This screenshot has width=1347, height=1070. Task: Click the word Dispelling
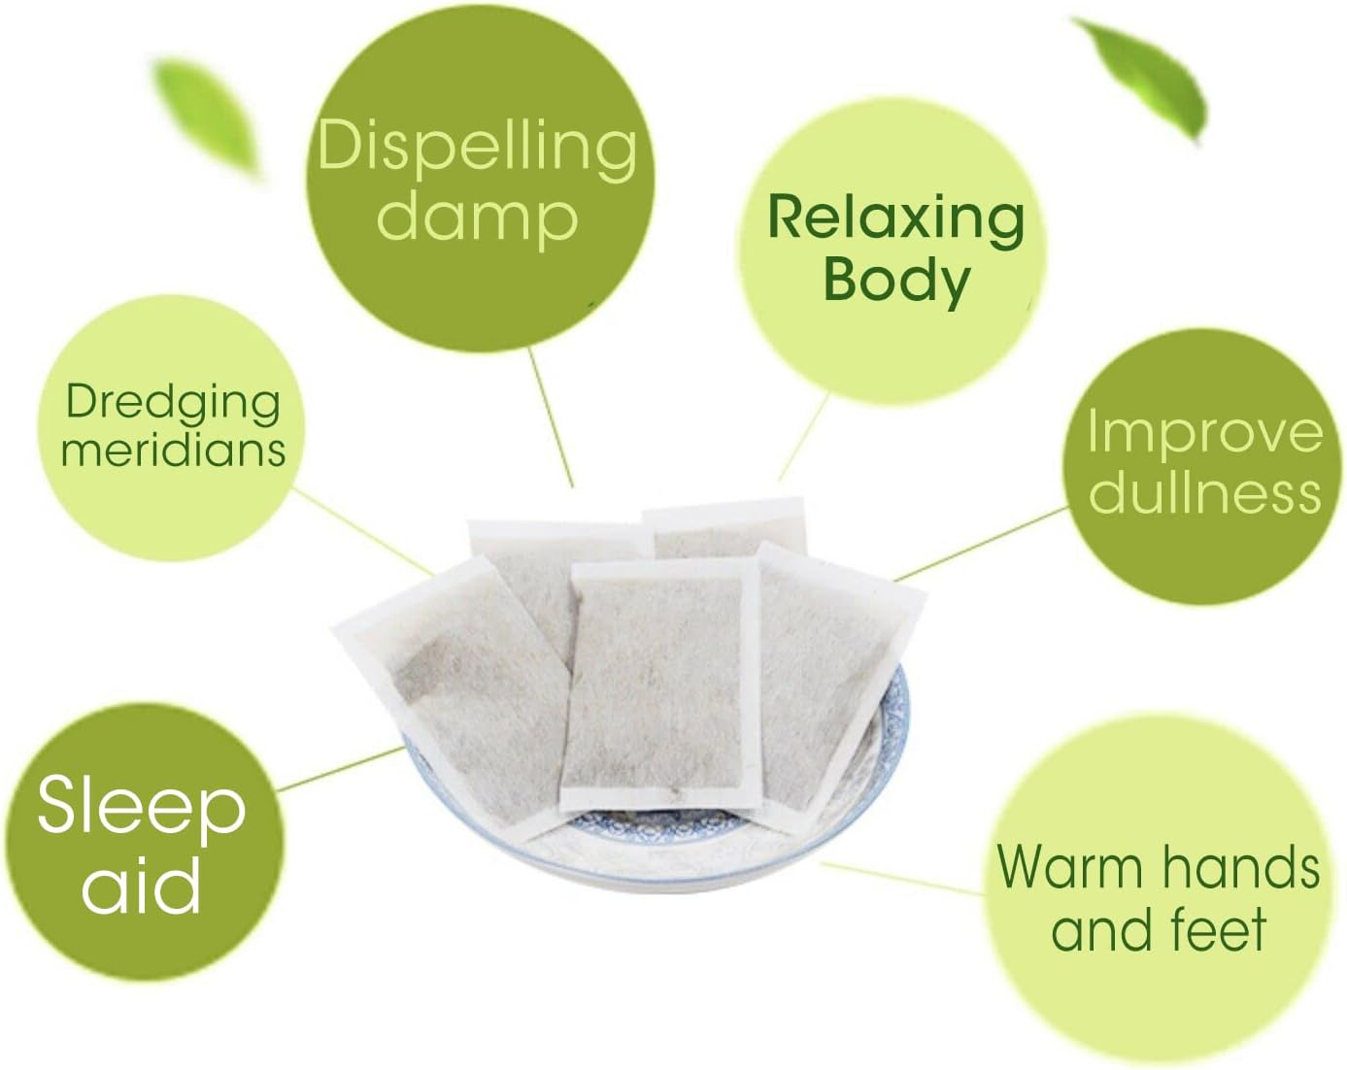pyautogui.click(x=477, y=148)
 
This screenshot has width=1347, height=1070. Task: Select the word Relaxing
pyautogui.click(x=895, y=219)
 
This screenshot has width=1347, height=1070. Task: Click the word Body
pyautogui.click(x=897, y=281)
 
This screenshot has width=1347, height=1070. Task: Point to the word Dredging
pyautogui.click(x=173, y=404)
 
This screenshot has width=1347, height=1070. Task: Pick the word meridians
pyautogui.click(x=174, y=450)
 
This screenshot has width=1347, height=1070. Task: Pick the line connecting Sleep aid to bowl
pyautogui.click(x=341, y=769)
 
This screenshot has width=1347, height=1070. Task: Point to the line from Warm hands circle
pyautogui.click(x=903, y=878)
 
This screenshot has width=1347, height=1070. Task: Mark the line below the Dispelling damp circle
pyautogui.click(x=551, y=418)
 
